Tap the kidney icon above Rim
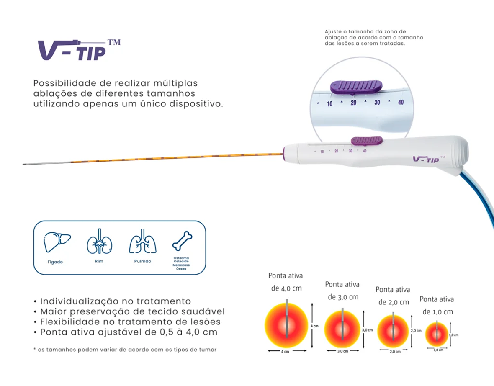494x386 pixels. point(99,242)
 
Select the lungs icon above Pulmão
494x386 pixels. point(143,242)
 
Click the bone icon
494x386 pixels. point(182,241)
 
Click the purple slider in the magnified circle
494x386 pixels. point(356,87)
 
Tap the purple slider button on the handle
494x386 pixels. point(366,141)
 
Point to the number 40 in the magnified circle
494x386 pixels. point(401,102)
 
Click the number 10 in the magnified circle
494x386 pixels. point(329,103)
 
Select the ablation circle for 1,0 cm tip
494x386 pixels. point(437,334)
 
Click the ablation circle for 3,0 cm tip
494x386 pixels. point(342,329)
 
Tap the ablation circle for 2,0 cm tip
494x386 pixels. point(394,331)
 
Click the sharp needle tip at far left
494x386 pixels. point(24,164)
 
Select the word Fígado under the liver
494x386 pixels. point(55,262)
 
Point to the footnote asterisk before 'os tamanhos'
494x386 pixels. point(35,349)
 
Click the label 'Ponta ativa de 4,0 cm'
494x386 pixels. point(286,282)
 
